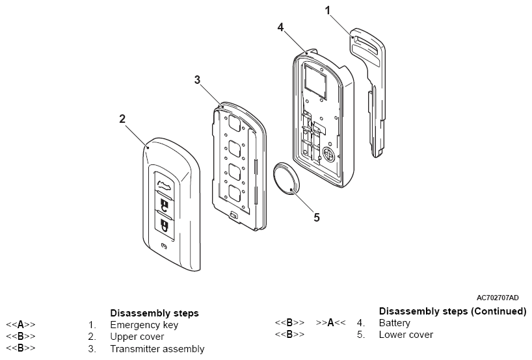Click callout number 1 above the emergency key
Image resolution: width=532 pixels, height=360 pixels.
327,10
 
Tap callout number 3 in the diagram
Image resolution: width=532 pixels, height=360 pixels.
198,79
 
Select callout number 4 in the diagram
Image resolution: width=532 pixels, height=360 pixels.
280,27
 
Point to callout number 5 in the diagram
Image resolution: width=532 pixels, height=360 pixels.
317,217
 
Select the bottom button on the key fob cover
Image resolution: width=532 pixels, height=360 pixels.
166,227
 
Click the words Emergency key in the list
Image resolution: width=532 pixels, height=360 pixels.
144,325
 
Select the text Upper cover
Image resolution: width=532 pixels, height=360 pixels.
137,337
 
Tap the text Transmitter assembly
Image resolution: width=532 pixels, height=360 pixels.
157,349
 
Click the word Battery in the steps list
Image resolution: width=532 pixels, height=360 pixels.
394,322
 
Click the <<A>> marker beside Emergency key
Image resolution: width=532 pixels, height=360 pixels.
21,325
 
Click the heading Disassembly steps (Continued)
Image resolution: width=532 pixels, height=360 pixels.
452,311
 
